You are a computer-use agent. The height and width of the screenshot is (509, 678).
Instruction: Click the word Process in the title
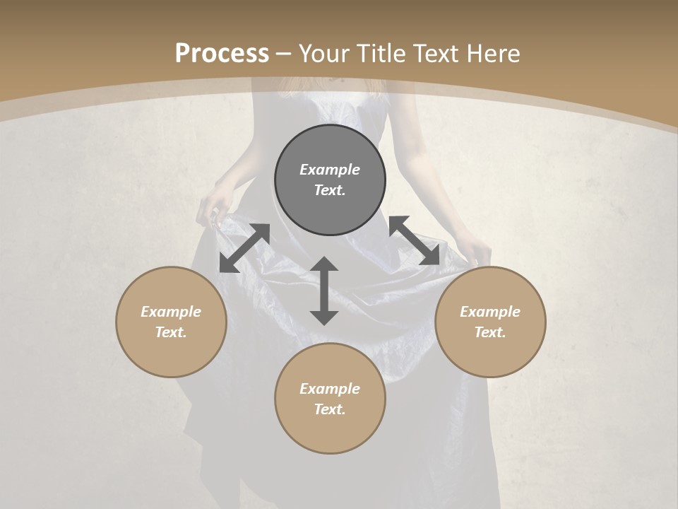222,54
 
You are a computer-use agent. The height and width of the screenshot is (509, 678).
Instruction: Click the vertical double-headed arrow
324,291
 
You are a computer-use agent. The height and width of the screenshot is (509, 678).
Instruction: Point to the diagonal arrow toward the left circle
244,247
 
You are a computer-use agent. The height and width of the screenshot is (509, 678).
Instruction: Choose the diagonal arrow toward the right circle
414,240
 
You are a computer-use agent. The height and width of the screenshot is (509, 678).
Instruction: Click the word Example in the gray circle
330,170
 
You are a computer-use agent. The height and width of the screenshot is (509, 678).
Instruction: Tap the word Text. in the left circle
171,332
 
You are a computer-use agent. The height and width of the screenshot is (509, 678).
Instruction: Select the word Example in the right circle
490,312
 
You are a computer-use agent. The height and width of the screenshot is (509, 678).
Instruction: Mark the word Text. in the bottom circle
330,409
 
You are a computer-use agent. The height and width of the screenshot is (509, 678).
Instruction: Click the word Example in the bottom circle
330,389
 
